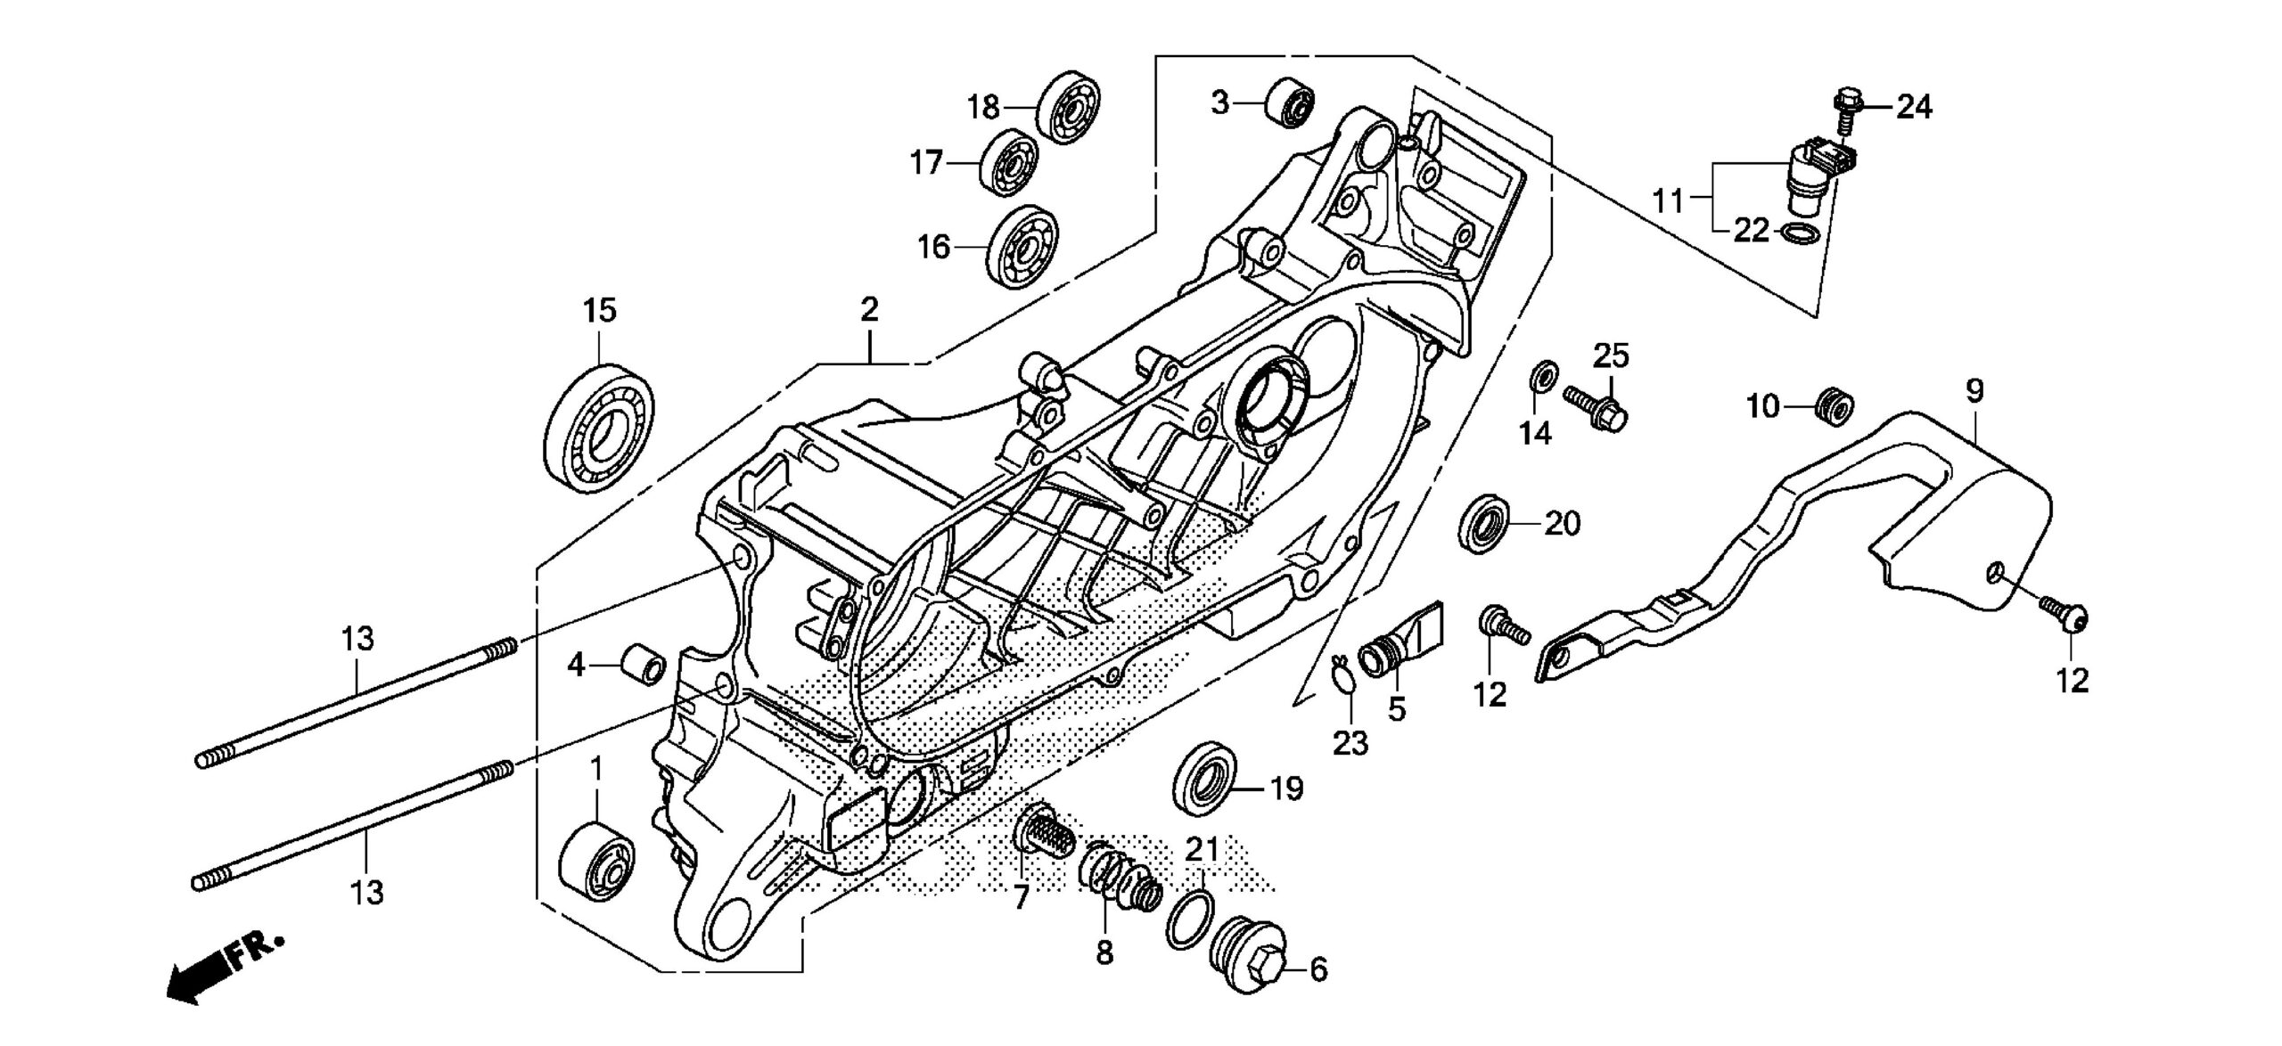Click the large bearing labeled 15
(x=598, y=427)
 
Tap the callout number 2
(x=869, y=309)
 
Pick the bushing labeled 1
(x=596, y=868)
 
